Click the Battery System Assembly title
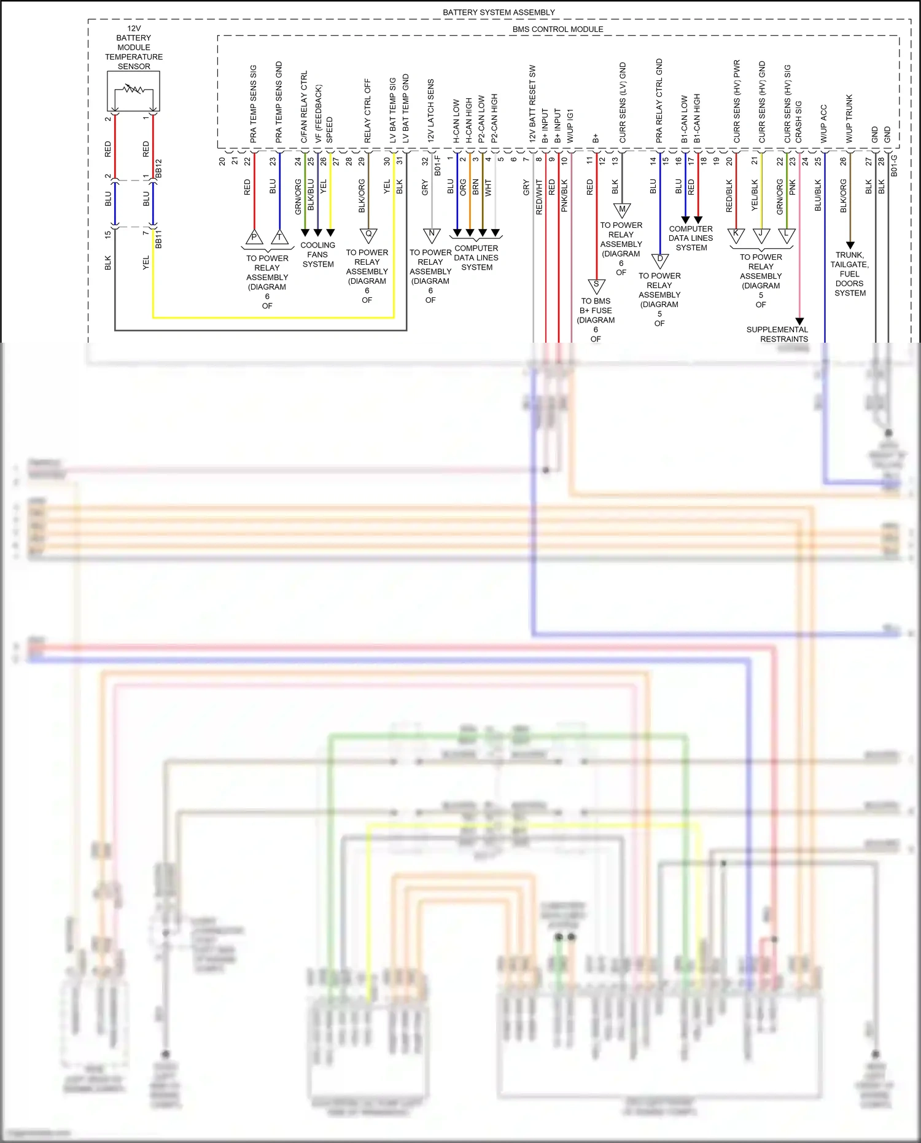499,12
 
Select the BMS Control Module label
558,29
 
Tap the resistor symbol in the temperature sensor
133,90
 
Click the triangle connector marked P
254,237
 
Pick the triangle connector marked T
279,237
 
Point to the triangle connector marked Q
368,235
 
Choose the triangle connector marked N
432,234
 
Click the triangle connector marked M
622,210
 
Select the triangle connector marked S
596,285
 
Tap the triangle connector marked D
660,260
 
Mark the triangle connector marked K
736,234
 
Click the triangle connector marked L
787,234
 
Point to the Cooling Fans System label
317,254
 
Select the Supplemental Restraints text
777,334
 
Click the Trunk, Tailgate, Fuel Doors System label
850,274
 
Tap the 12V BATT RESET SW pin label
532,104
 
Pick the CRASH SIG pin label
799,122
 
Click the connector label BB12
159,169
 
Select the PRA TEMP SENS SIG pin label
254,104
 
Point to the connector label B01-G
894,166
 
